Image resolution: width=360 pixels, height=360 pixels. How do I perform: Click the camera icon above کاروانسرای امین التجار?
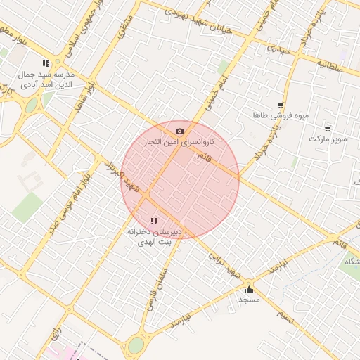point(180,131)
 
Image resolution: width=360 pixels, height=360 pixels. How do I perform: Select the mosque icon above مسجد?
point(249,289)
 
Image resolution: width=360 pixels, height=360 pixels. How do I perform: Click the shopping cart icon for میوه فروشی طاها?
point(281,105)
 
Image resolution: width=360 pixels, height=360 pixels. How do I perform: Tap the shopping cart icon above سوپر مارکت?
point(328,128)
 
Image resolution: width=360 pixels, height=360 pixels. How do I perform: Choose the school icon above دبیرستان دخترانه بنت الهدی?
point(154,221)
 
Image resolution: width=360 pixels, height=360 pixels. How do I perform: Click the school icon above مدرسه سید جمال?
point(46,63)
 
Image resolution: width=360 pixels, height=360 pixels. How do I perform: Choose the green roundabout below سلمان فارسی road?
point(136,345)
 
